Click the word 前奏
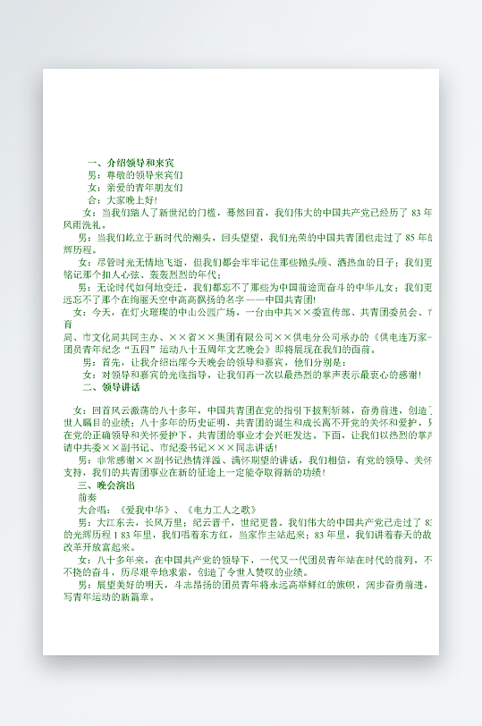88,495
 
